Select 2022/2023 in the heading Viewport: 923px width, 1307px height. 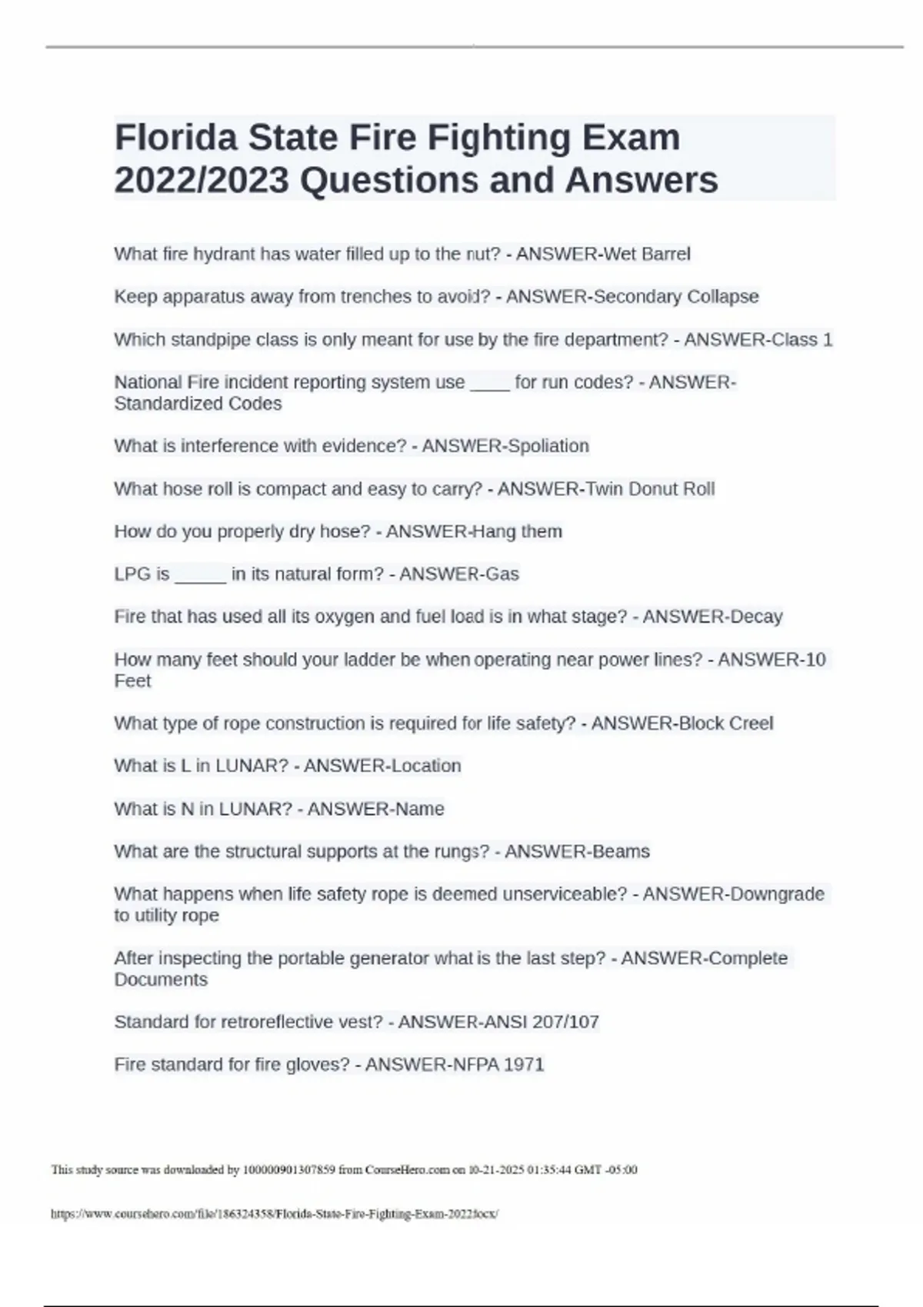point(202,181)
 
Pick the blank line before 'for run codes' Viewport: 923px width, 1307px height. point(489,383)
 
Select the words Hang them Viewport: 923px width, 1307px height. point(516,531)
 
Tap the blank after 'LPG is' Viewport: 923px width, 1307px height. point(200,575)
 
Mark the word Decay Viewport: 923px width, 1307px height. point(756,617)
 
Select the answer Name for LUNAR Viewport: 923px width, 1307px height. point(418,809)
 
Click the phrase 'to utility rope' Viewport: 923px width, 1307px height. point(166,916)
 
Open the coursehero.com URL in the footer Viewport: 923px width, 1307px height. point(274,1214)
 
